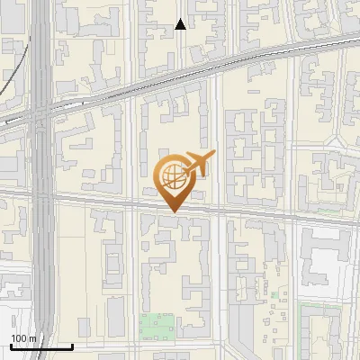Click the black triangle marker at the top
tap(181, 24)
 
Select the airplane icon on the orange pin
tap(197, 164)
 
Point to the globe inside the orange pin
tap(171, 175)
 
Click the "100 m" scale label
tap(24, 338)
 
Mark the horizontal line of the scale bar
tap(41, 346)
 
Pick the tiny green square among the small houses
tap(274, 294)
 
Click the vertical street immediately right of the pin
tap(219, 180)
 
